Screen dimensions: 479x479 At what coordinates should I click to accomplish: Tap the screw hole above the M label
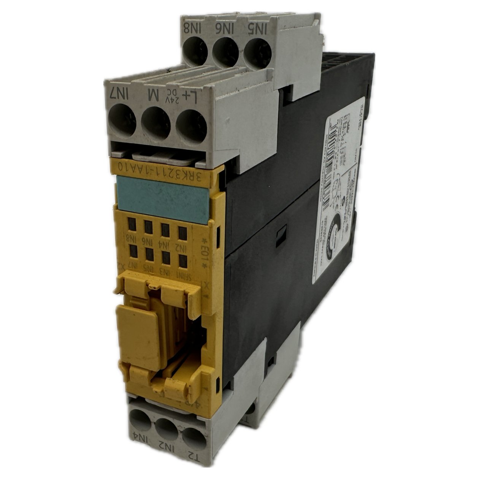(x=155, y=122)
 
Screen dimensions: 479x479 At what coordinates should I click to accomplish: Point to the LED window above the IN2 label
(x=182, y=232)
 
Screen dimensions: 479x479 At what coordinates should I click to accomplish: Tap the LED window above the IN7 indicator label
(x=133, y=251)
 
